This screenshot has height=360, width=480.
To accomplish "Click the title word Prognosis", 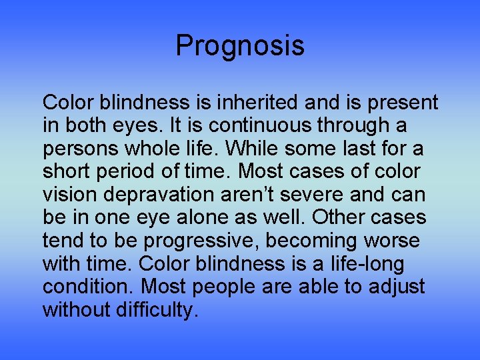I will (x=240, y=46).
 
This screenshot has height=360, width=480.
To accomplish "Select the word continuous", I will (x=241, y=125).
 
